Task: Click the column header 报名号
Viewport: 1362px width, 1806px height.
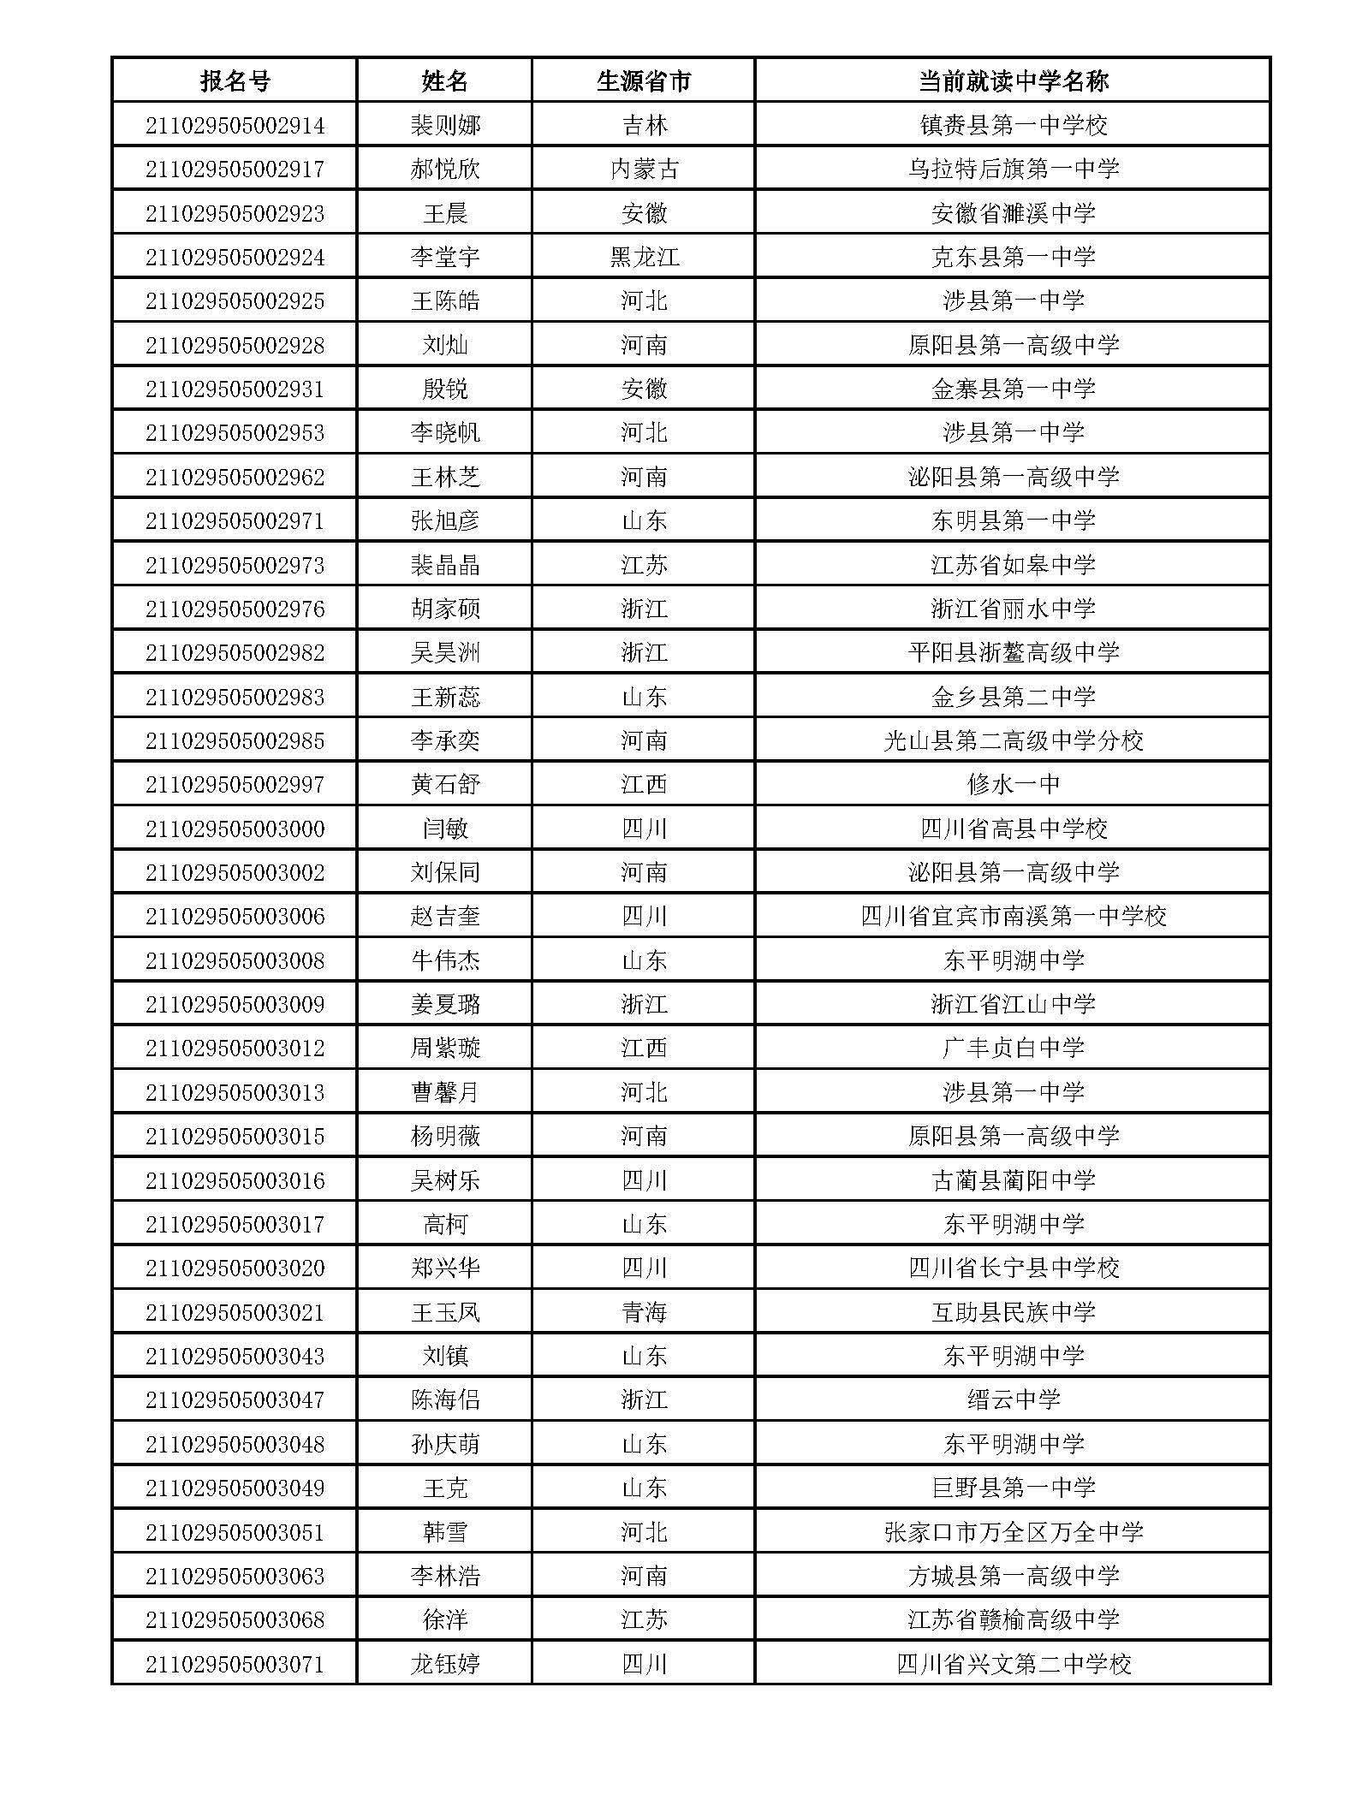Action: tap(235, 81)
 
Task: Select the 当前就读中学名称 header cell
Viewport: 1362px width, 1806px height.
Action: tap(1013, 81)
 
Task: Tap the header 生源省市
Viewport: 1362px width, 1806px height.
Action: tap(644, 81)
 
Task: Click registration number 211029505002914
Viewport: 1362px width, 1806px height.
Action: tap(235, 126)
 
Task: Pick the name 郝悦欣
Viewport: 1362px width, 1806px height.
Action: tap(445, 169)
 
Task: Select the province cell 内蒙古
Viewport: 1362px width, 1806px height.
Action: tap(644, 169)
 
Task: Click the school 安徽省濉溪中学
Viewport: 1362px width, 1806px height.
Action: tap(1013, 213)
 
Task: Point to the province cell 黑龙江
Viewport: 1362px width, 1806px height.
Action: tap(644, 257)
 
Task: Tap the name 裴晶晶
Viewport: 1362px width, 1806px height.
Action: tap(445, 565)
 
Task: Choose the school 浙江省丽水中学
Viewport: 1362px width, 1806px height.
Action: tap(1013, 609)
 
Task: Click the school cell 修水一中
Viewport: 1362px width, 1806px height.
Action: tap(1013, 784)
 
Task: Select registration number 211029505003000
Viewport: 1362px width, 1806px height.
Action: tap(235, 829)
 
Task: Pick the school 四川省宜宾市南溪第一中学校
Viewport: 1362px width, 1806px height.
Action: tap(1013, 916)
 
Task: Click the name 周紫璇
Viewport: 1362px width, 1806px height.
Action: tap(445, 1048)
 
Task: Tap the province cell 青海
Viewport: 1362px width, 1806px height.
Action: tap(644, 1311)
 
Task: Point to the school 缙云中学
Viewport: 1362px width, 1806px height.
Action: tap(1013, 1399)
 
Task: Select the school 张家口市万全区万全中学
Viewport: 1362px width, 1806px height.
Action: tap(1013, 1531)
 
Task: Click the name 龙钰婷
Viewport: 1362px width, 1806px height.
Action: tap(445, 1663)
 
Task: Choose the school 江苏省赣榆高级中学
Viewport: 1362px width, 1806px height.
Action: tap(1013, 1619)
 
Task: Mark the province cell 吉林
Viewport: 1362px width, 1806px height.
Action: tap(644, 126)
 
